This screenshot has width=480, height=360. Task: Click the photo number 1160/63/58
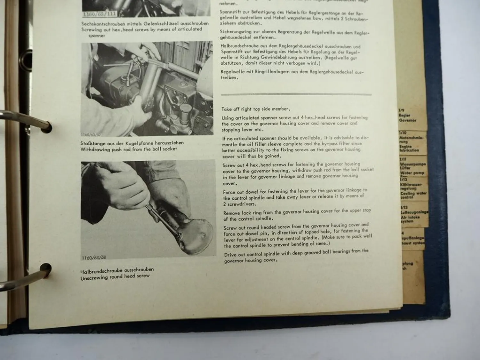tap(93, 258)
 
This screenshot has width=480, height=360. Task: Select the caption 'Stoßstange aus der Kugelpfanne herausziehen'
tap(132, 143)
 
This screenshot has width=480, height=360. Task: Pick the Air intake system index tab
tap(414, 214)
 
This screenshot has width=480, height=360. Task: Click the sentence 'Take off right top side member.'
tap(256, 109)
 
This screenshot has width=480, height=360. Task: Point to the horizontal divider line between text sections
tap(296, 95)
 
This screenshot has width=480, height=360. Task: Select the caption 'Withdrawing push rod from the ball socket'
tap(129, 149)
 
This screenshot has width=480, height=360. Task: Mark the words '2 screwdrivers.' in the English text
tap(240, 204)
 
